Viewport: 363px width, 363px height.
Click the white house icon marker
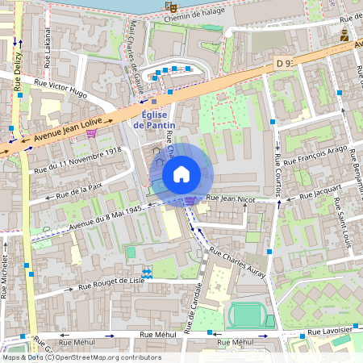click(181, 173)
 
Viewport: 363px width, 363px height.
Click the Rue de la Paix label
click(77, 192)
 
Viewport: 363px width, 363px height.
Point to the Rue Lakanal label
click(48, 50)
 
